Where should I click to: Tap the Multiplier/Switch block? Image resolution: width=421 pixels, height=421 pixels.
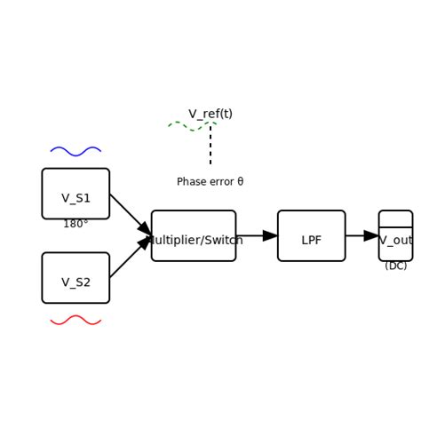[x=194, y=235]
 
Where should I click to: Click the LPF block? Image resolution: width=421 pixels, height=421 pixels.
[x=311, y=235]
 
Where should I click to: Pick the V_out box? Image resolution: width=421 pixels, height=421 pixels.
[x=395, y=235]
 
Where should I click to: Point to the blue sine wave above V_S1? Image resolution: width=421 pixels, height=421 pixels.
[x=75, y=151]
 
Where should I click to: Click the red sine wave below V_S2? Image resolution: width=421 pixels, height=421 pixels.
[x=75, y=320]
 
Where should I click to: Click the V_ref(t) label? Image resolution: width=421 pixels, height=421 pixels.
[x=210, y=114]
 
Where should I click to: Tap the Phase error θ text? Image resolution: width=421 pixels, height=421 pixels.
[x=210, y=182]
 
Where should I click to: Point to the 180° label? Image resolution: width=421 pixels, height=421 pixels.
[x=75, y=224]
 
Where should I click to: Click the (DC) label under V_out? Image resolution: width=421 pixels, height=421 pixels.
[x=396, y=266]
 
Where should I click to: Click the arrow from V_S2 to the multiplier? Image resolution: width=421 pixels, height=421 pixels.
[x=129, y=258]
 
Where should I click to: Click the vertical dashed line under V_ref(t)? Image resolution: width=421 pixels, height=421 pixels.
[x=210, y=147]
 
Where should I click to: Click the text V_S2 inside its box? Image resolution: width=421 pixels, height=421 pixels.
[x=75, y=282]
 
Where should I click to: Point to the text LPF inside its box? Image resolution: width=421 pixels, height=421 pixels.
[x=311, y=240]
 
